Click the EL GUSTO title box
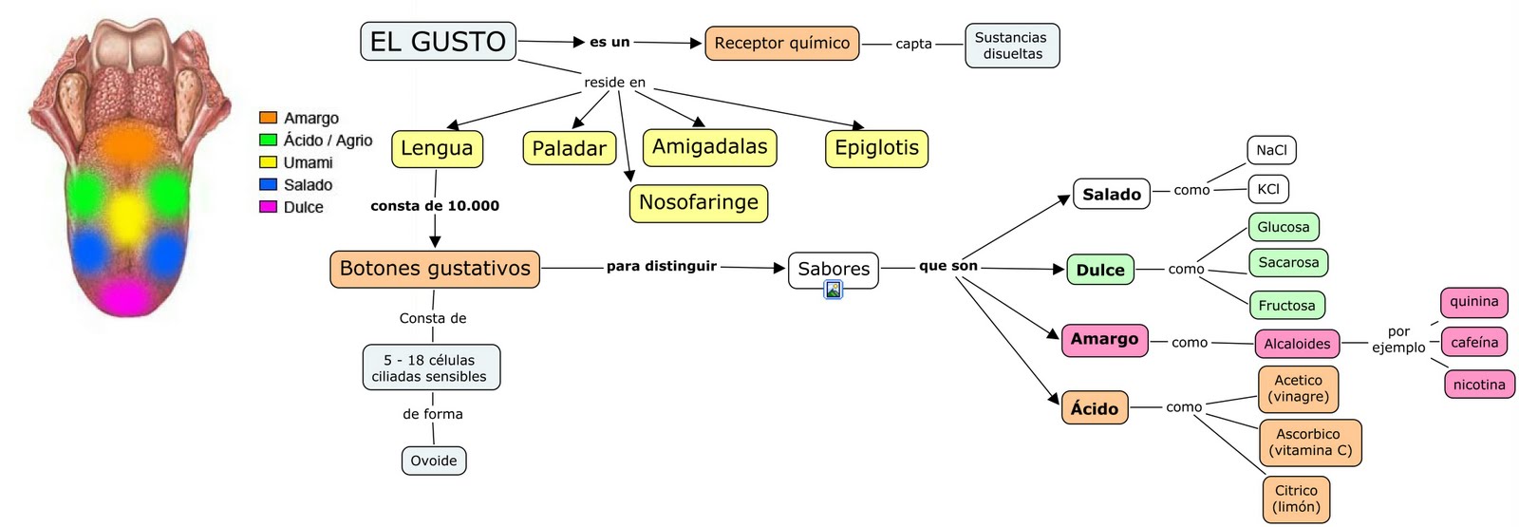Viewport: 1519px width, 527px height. coord(438,42)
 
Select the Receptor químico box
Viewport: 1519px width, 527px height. coord(781,43)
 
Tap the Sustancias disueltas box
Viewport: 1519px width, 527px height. coord(1012,46)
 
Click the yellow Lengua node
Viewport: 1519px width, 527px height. coord(437,148)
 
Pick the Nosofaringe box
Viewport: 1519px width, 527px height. coord(698,203)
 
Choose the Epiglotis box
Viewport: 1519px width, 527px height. coord(876,148)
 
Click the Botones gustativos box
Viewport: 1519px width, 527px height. coord(435,269)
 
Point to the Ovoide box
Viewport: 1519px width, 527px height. coord(434,461)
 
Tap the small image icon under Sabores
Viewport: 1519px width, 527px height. coord(833,291)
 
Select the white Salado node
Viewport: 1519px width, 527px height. coord(1111,194)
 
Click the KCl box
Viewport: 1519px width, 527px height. coord(1268,189)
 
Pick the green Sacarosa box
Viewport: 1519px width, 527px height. coord(1288,262)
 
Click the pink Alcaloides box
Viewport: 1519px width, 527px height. coord(1297,344)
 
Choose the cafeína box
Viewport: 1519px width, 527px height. coord(1474,342)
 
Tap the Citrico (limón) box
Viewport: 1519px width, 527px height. coord(1296,499)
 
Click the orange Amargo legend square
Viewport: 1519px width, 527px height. coord(268,118)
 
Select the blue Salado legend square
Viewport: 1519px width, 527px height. coord(268,184)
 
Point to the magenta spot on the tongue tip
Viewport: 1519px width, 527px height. coord(125,296)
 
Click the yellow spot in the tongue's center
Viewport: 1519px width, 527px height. coord(126,216)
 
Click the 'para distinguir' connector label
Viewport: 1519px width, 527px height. coord(662,267)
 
